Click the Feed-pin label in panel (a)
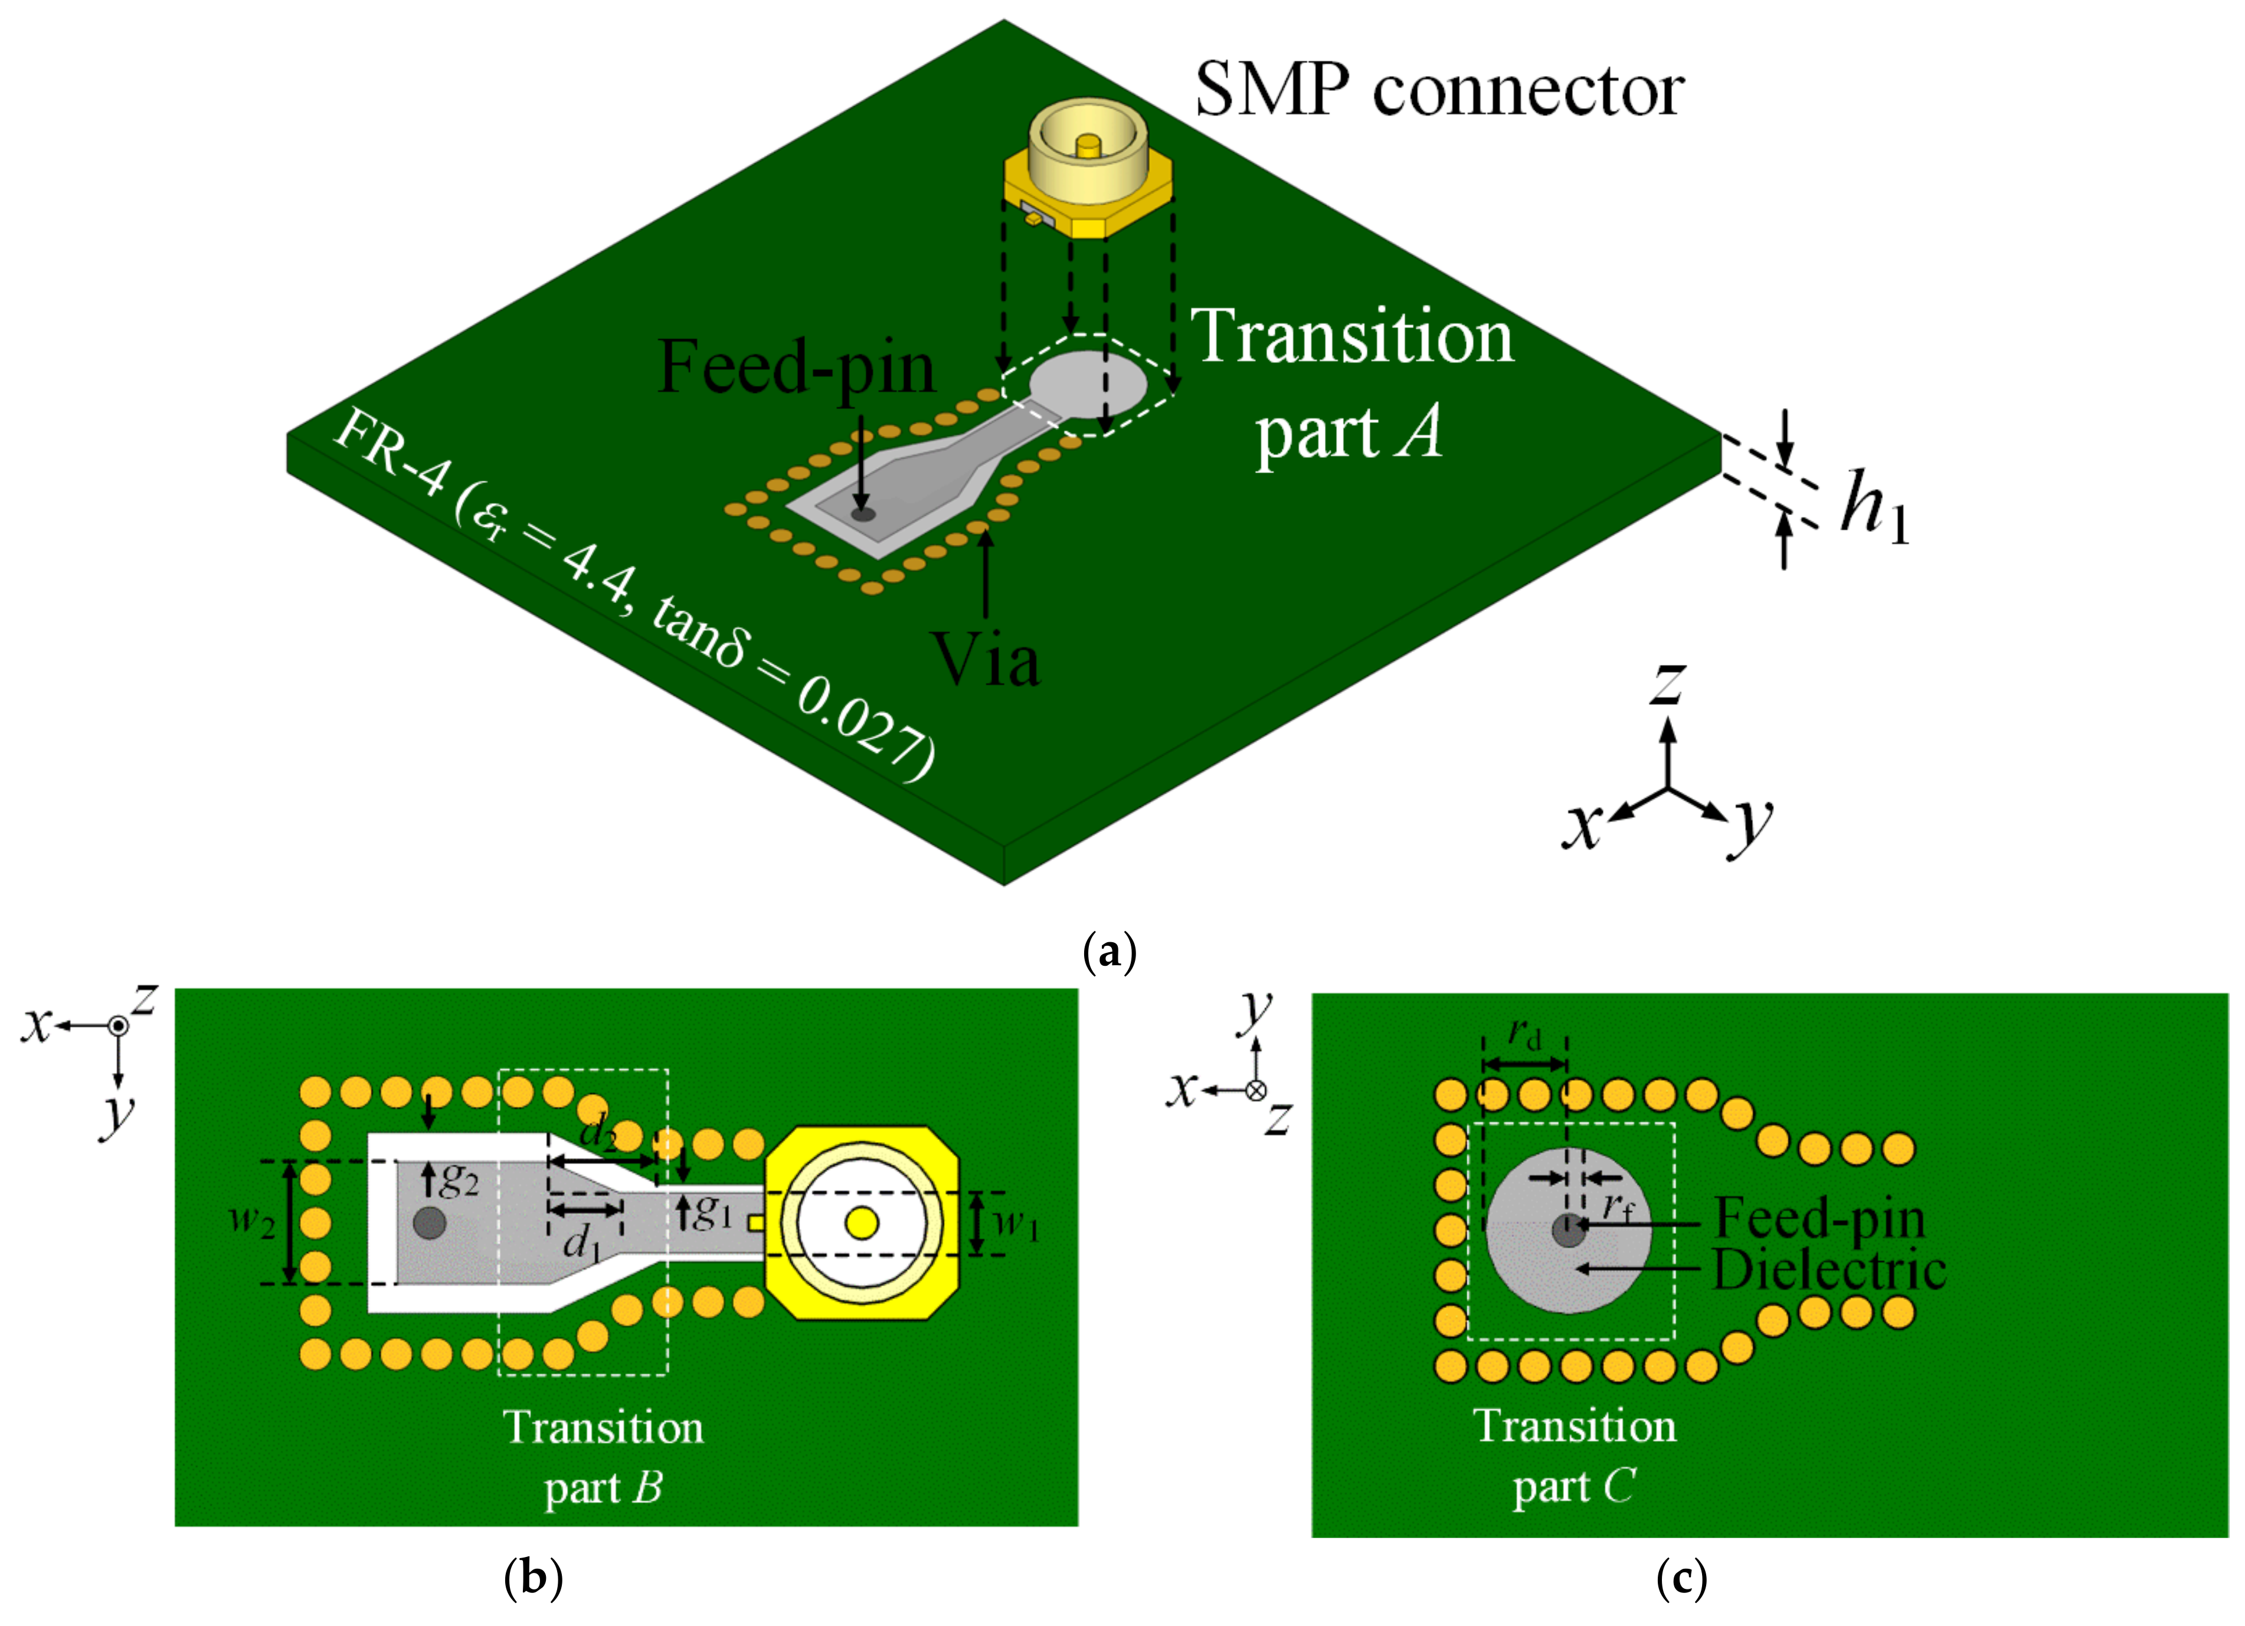point(797,367)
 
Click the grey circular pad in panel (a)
point(1089,385)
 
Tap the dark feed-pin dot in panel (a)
point(864,514)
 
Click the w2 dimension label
point(253,1222)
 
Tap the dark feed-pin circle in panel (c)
point(1568,1231)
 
